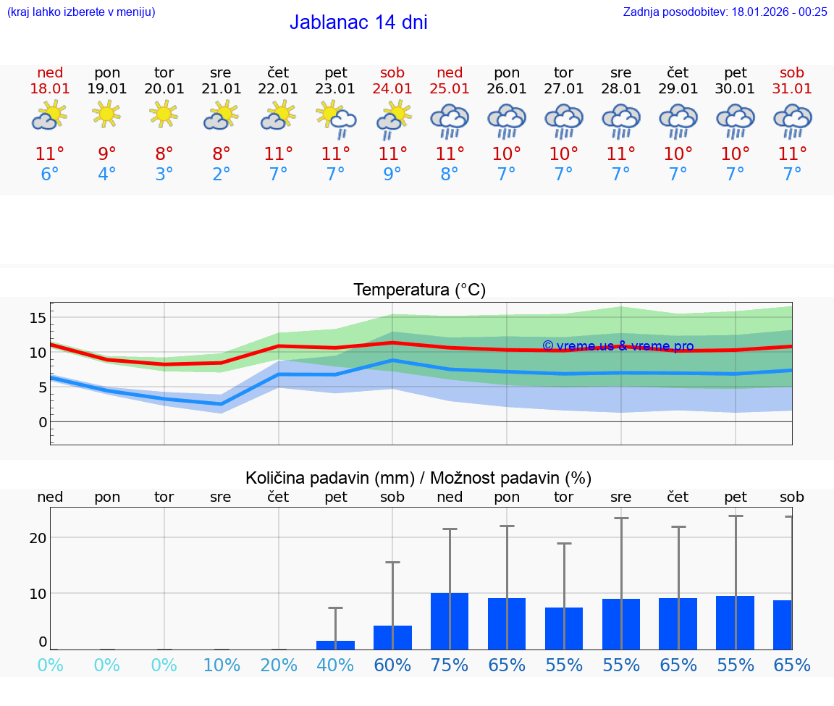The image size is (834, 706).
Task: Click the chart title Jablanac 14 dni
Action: tap(358, 22)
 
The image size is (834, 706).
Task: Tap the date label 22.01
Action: tap(278, 88)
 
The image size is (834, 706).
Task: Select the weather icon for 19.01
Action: tap(106, 114)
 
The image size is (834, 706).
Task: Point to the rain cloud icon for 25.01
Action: tap(450, 121)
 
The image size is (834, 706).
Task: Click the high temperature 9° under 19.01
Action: tap(106, 154)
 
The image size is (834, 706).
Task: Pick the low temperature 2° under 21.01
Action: tap(221, 175)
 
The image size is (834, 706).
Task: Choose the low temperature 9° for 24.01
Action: tap(392, 175)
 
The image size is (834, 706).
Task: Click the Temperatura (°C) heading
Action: tap(419, 290)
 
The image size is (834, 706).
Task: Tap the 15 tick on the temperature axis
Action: tap(38, 317)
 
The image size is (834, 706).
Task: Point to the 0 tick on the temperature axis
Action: tap(43, 421)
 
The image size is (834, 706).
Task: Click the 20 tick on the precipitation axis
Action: tap(38, 537)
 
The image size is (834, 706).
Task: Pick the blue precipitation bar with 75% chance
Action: tap(450, 621)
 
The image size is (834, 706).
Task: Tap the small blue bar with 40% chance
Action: tap(335, 644)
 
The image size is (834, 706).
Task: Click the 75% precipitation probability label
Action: tap(450, 665)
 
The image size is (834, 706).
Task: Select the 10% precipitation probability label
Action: tap(221, 665)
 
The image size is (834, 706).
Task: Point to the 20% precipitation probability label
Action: tap(278, 665)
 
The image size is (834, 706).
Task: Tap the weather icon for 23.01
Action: tap(335, 118)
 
